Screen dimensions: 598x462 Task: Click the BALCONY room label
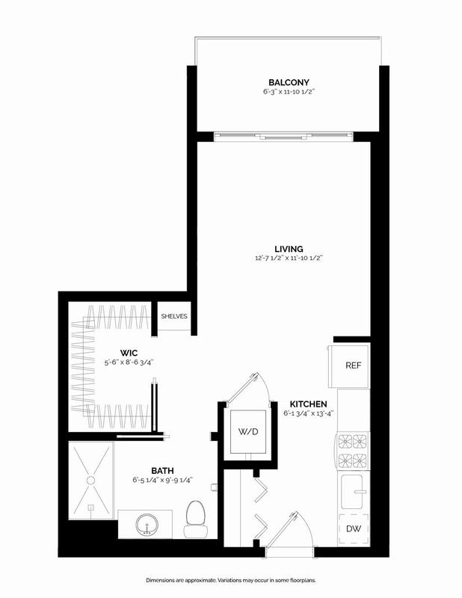coord(289,82)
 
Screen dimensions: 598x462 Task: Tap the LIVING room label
coord(289,248)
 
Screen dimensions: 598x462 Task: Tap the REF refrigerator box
coord(353,366)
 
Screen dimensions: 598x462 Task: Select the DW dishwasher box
coord(353,529)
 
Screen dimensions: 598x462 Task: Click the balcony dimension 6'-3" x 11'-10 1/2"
coord(289,93)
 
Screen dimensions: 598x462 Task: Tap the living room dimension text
coord(289,259)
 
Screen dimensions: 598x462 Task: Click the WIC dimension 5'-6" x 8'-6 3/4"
coord(134,363)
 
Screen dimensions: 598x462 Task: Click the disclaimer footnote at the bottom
coord(231,580)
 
